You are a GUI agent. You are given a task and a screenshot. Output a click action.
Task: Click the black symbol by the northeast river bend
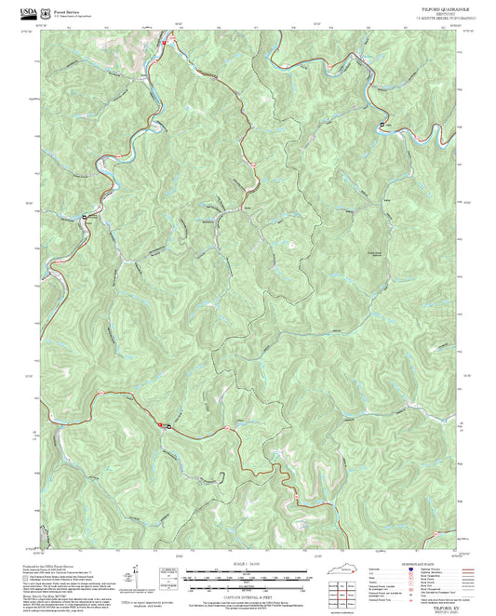[x=382, y=125]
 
